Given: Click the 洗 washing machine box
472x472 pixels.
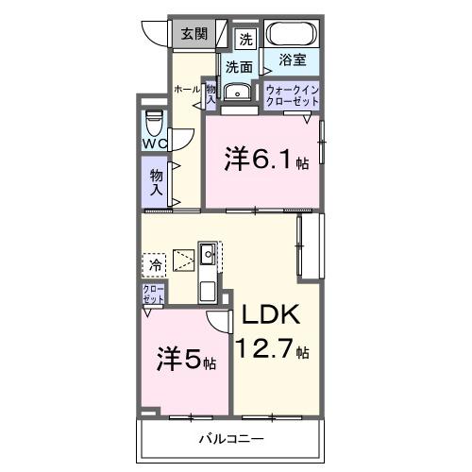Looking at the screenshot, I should point(245,40).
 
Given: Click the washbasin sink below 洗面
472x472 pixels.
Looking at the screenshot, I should point(240,92).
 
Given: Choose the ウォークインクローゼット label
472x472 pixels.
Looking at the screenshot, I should point(291,96).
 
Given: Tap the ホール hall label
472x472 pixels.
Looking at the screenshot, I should point(185,89).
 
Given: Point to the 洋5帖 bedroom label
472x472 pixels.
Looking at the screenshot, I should point(186,360).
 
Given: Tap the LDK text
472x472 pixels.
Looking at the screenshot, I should point(269,318).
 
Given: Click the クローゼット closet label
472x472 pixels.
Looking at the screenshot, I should point(153,294).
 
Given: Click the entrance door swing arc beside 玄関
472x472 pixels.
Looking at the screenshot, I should point(153,31).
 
